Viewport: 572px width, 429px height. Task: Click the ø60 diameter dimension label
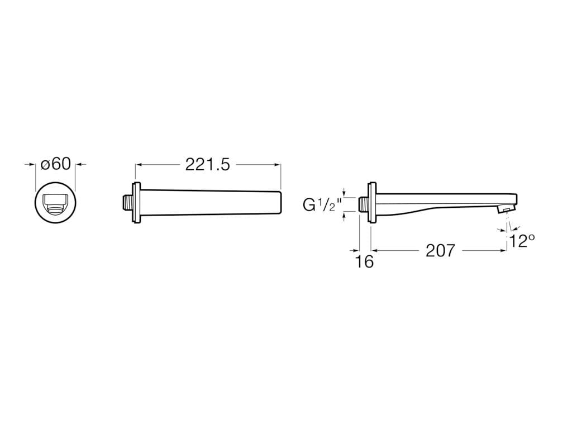coord(56,164)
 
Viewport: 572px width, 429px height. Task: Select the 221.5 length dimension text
coord(208,165)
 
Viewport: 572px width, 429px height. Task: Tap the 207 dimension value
coord(441,251)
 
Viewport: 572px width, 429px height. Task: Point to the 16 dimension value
coord(364,261)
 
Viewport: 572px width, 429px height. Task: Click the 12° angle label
coord(522,241)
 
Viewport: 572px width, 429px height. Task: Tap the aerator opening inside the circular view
coord(55,204)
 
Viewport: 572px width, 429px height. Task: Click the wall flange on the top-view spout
coord(137,202)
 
